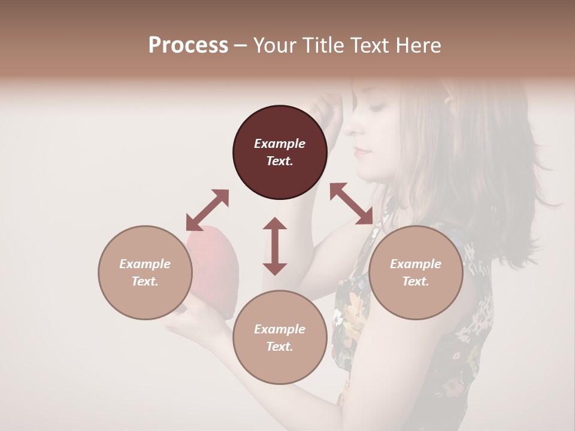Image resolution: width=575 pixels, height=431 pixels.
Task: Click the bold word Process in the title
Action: pyautogui.click(x=188, y=45)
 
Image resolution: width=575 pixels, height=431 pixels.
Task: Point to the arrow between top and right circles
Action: pyautogui.click(x=351, y=204)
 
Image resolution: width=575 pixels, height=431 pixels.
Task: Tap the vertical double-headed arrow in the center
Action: pyautogui.click(x=275, y=246)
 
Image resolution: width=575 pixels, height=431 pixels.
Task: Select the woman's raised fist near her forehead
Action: pyautogui.click(x=328, y=108)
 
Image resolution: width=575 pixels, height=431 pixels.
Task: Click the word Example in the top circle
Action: pyautogui.click(x=280, y=144)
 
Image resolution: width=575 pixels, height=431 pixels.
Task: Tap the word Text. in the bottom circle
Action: pyautogui.click(x=280, y=347)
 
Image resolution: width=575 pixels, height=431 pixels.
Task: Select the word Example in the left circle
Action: pyautogui.click(x=145, y=264)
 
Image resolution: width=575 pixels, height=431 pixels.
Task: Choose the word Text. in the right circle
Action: pyautogui.click(x=416, y=281)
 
